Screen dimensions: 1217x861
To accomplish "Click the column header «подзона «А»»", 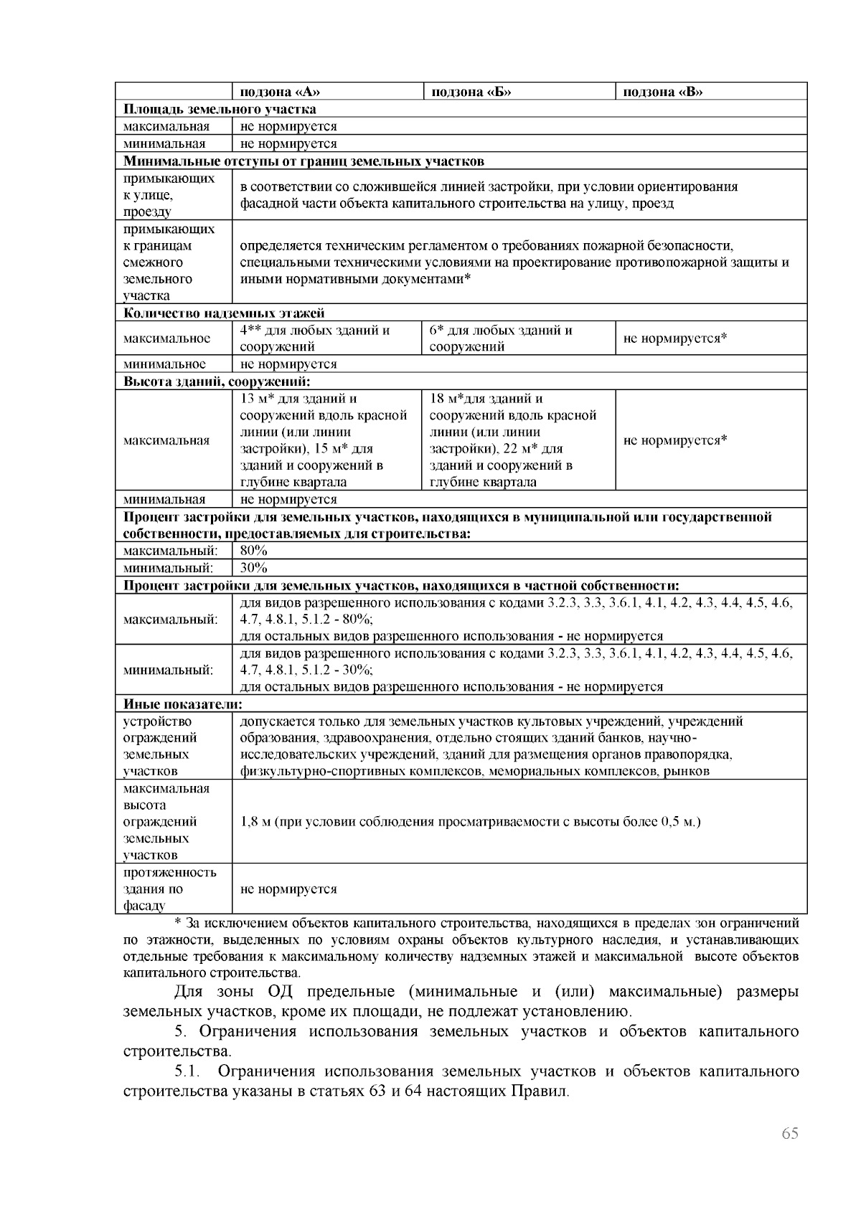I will point(280,92).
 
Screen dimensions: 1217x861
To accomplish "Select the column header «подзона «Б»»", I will point(470,92).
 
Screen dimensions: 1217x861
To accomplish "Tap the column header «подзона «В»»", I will point(662,92).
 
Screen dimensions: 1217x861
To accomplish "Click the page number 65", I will point(789,1134).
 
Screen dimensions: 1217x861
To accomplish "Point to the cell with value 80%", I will point(254,551).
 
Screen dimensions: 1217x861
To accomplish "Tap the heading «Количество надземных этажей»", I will point(224,313).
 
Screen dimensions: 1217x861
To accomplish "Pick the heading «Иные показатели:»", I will point(182,704).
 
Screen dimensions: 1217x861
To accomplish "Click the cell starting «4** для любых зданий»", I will point(316,338).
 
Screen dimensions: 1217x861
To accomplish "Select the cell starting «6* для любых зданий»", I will point(501,338).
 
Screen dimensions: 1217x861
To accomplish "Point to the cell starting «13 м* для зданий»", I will point(323,440).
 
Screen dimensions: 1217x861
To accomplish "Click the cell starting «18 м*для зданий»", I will point(513,440).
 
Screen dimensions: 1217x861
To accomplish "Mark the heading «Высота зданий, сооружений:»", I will point(216,381).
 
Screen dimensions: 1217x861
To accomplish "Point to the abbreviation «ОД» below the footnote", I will point(282,992).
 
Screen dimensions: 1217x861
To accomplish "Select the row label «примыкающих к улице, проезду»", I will point(169,194).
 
